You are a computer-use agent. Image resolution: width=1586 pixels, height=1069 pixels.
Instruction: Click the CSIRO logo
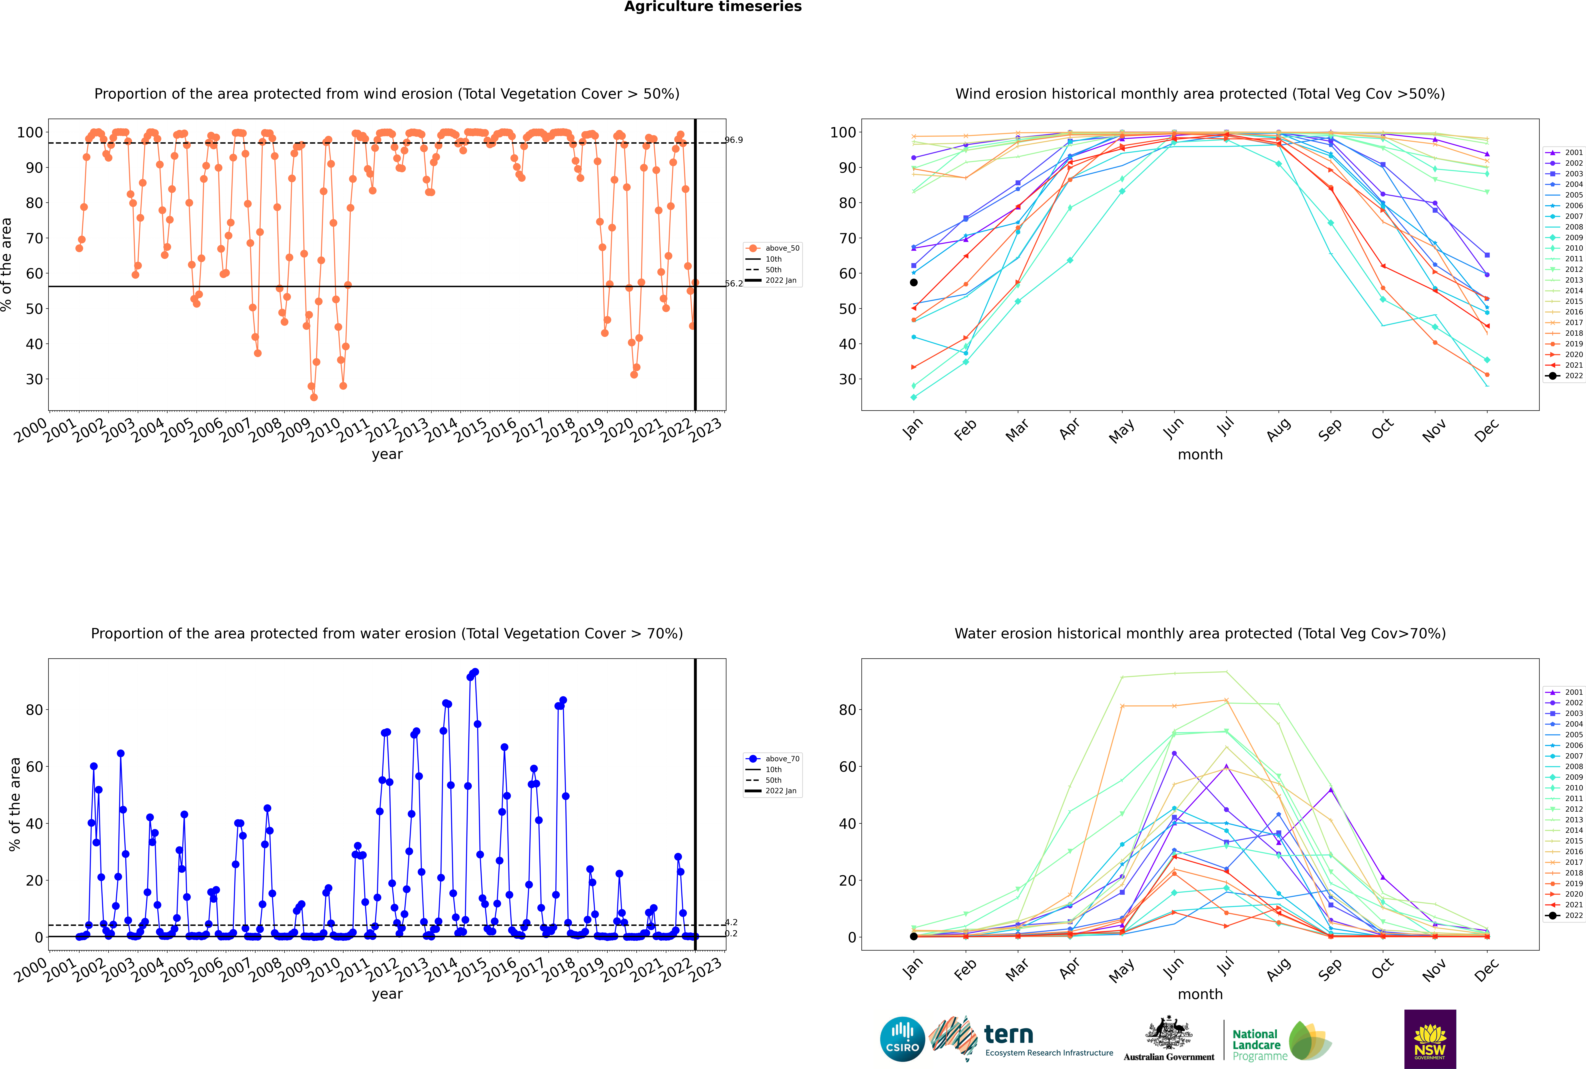point(902,1039)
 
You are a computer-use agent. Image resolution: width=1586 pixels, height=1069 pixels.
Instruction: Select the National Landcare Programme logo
point(1282,1041)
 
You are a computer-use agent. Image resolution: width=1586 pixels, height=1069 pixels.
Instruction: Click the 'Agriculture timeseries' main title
point(713,7)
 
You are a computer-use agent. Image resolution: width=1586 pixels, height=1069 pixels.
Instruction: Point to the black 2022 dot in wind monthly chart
point(914,282)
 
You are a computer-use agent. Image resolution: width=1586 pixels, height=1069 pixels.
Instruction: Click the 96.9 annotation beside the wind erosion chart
point(734,140)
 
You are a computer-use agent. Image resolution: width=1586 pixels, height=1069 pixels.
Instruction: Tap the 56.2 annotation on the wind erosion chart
point(734,284)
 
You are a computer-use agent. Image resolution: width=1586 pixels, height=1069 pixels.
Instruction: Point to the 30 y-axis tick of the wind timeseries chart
point(34,380)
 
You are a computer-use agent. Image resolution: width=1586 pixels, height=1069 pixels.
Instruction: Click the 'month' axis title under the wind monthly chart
point(1200,455)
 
